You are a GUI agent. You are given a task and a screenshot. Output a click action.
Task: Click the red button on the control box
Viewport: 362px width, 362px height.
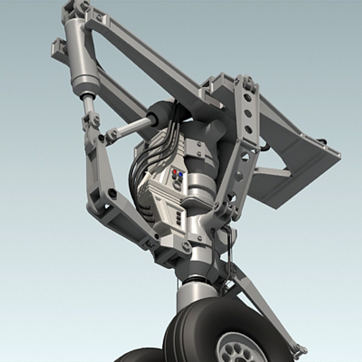[x=175, y=172]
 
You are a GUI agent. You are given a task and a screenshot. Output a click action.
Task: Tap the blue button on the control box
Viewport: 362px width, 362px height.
[x=181, y=174]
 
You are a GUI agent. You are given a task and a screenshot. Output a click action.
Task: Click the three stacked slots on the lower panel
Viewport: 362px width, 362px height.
[x=179, y=218]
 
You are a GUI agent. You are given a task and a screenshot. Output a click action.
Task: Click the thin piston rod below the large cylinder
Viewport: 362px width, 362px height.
[x=88, y=104]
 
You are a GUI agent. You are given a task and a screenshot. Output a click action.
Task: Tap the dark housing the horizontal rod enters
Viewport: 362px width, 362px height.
[x=159, y=114]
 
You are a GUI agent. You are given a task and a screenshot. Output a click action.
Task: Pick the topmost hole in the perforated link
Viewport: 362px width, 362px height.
[x=247, y=98]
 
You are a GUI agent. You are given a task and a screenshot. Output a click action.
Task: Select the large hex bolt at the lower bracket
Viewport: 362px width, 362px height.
[x=186, y=247]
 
